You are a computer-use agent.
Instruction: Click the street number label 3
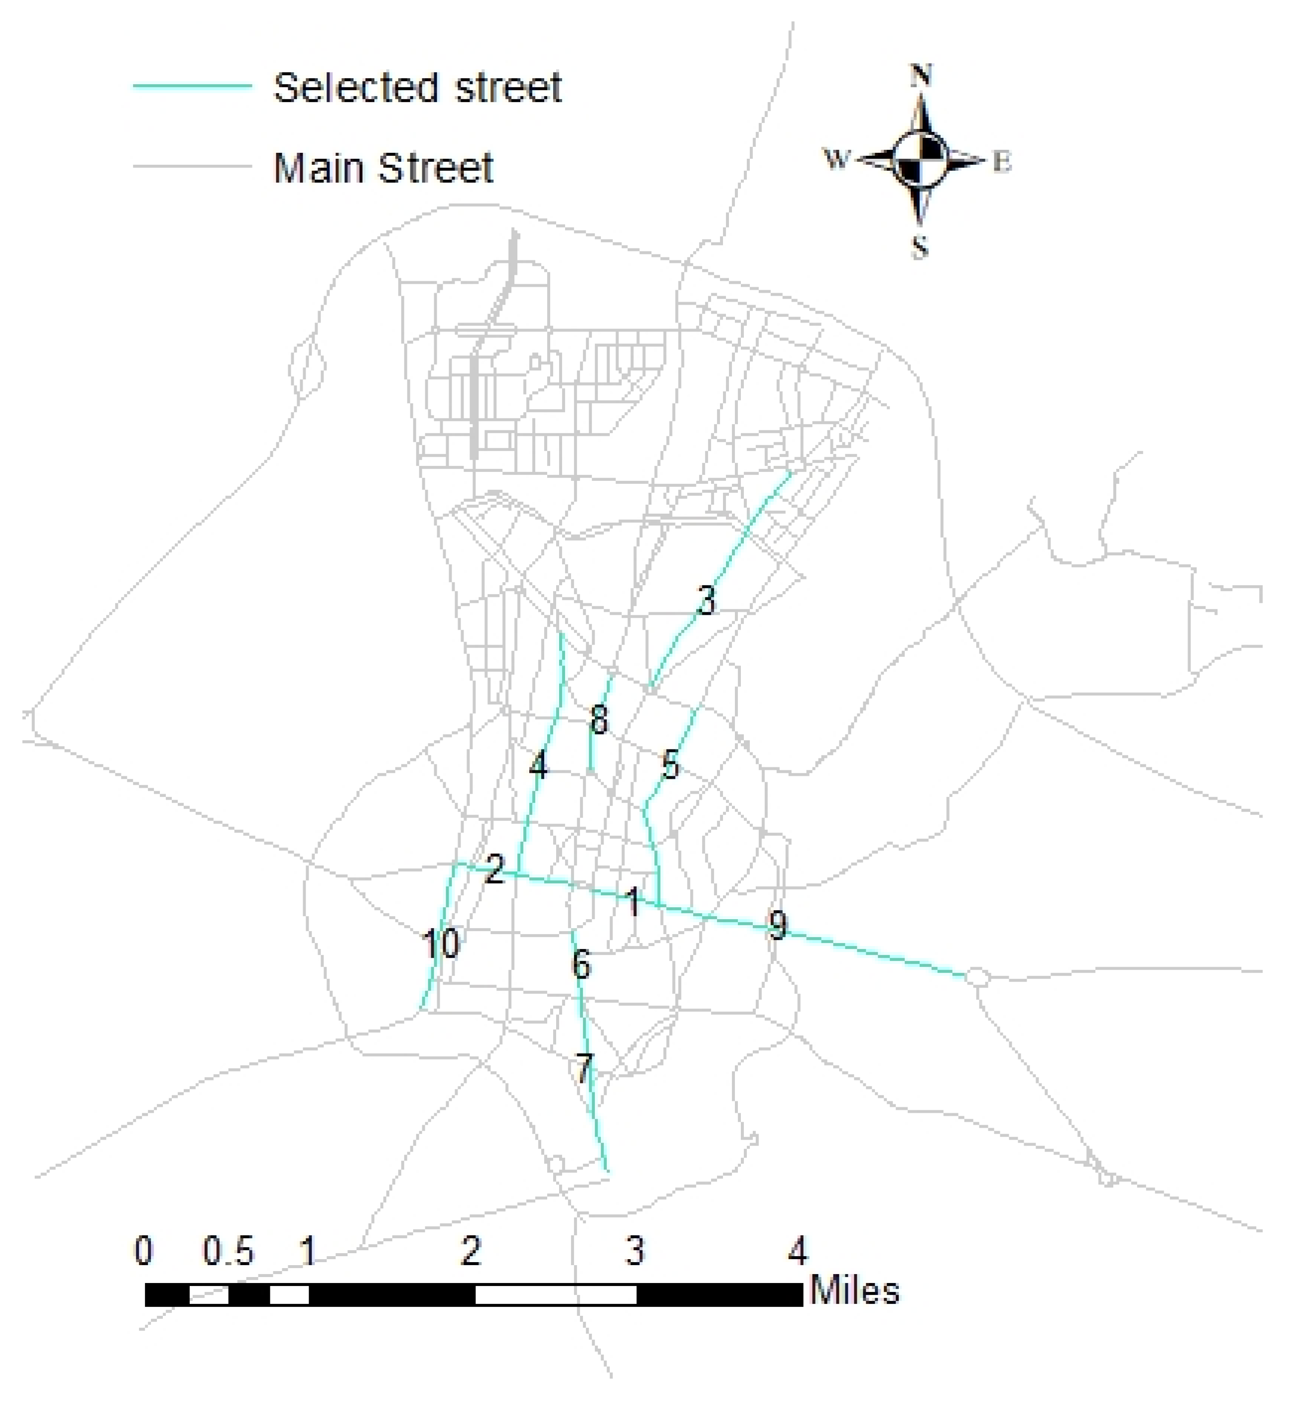pos(706,601)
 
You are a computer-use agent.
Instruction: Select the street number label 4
pos(538,764)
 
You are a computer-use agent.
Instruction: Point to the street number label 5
pos(670,765)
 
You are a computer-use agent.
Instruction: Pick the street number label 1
pos(633,903)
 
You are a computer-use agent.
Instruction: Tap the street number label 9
pos(777,925)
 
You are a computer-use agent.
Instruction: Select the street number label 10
pos(441,944)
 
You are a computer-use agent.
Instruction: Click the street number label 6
pos(581,964)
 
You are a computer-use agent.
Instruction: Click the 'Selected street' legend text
pos(418,88)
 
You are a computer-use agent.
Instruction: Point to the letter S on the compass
pos(919,247)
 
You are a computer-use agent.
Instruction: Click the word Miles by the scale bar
pos(854,1292)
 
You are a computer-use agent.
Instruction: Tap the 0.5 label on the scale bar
pos(228,1252)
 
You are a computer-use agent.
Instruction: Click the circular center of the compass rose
pos(919,160)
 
